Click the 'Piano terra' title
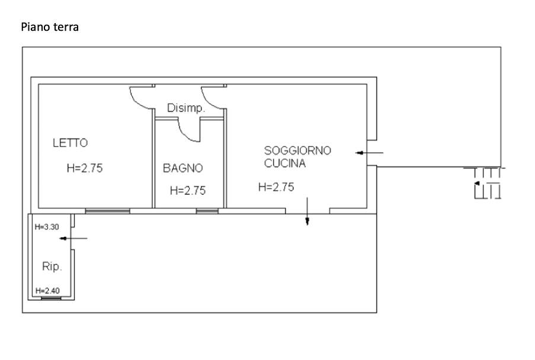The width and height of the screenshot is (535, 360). tap(50, 27)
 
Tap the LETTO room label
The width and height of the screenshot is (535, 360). tap(71, 143)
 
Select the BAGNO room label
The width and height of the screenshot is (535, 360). tap(183, 168)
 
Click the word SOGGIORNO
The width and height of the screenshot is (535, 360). tap(297, 150)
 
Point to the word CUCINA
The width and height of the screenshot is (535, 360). tap(285, 163)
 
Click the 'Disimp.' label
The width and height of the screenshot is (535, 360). tap(186, 108)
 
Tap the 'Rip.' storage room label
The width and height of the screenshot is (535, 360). tap(52, 266)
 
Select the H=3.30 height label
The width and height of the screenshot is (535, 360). tap(47, 227)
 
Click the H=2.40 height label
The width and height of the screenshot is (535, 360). tap(47, 291)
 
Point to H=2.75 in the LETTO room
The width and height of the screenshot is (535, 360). tap(85, 168)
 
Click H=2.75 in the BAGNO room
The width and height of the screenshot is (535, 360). tap(188, 190)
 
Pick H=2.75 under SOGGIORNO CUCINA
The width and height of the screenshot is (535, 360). tap(276, 187)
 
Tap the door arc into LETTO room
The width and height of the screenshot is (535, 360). tap(136, 101)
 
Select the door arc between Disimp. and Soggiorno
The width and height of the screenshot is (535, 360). tap(208, 101)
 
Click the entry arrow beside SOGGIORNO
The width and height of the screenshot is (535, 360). tap(369, 153)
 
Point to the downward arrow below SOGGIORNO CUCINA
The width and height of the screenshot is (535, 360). tap(307, 211)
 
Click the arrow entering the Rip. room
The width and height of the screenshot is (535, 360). tap(73, 238)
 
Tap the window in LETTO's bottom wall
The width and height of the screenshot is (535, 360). tap(107, 211)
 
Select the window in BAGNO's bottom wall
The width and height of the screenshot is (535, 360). tap(207, 211)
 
